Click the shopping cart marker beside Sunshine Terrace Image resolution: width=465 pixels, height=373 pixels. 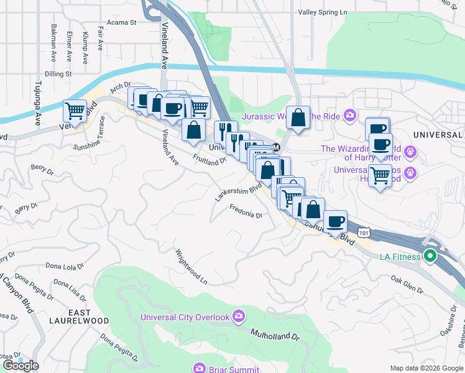(x=75, y=111)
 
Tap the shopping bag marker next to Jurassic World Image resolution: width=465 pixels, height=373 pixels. (x=298, y=117)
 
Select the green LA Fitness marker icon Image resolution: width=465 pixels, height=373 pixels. (x=430, y=256)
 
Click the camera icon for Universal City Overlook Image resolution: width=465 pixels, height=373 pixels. (x=238, y=316)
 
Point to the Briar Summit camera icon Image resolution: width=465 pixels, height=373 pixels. (x=199, y=367)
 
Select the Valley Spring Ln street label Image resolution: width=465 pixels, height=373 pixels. (x=323, y=12)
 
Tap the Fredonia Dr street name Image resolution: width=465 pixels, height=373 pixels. (x=246, y=211)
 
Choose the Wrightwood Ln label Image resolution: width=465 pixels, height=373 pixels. (x=191, y=267)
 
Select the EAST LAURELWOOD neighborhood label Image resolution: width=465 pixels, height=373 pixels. (x=79, y=316)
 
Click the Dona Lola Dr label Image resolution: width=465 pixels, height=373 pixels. (x=64, y=266)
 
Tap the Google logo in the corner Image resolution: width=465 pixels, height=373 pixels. (x=20, y=365)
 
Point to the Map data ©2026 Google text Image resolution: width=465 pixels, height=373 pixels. (x=426, y=368)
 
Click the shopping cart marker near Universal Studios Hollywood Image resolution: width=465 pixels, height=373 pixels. (x=380, y=176)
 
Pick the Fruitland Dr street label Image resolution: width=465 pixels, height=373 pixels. (x=209, y=160)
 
